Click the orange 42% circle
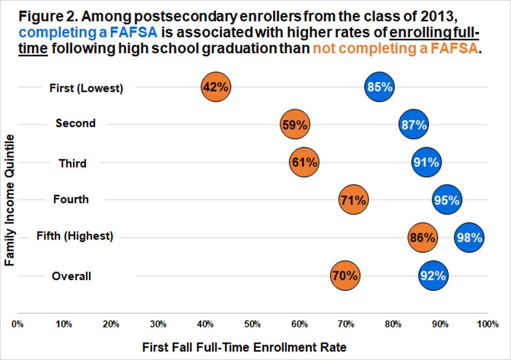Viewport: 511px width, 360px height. coord(216,87)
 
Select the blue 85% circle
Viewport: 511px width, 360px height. coord(380,87)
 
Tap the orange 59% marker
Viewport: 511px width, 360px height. coord(294,125)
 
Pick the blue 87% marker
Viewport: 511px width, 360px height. coord(413,125)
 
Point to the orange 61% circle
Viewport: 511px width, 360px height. coord(304,163)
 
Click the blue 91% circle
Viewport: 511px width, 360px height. coord(426,163)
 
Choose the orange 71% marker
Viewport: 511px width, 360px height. coord(353,200)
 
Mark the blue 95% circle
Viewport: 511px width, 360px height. coord(446,200)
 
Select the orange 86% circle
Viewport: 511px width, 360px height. coord(422,237)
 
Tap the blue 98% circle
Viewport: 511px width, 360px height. coord(469,238)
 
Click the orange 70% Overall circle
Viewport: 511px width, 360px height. coord(345,276)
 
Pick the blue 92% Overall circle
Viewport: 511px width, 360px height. coord(433,276)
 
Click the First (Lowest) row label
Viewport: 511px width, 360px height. coord(86,89)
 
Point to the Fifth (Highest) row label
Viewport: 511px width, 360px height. coord(75,236)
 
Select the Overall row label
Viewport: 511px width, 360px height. coord(71,276)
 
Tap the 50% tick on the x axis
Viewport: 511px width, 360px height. coord(252,324)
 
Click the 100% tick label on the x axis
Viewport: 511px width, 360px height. coord(487,324)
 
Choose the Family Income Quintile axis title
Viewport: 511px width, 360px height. coord(9,201)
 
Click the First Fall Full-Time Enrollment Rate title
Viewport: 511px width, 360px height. coord(244,348)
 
